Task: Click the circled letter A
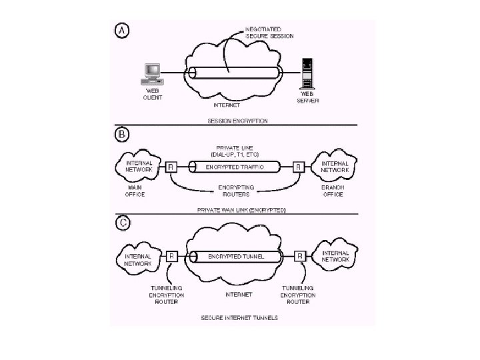123,31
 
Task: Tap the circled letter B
123,135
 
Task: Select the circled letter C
123,223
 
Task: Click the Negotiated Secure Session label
269,33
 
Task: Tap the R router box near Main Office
171,167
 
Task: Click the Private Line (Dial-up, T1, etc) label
234,151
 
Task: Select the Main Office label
135,191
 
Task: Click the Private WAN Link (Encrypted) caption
241,209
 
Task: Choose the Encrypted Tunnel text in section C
236,255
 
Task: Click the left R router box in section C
171,256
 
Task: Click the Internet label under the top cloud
227,105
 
